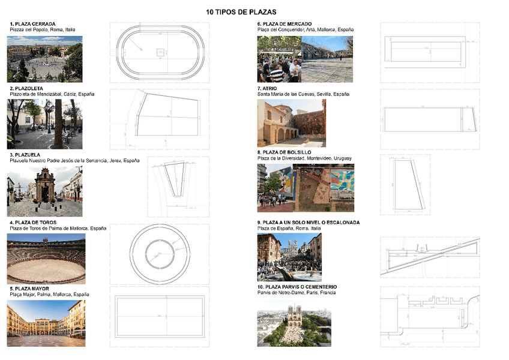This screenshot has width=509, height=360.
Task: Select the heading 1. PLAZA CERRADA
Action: point(32,24)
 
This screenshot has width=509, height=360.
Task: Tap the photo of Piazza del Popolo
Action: point(44,59)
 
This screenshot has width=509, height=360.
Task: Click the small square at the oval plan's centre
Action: point(160,53)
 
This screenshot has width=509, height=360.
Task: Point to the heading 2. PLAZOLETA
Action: point(26,88)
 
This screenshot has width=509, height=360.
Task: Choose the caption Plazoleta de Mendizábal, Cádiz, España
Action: point(52,94)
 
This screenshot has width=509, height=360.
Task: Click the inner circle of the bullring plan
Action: point(160,257)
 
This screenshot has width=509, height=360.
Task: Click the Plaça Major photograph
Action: point(46,323)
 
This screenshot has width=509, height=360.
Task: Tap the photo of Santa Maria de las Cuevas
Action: point(291,123)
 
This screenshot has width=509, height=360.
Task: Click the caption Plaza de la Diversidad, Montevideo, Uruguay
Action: point(304,158)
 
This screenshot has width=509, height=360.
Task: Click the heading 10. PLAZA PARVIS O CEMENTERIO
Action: point(297,287)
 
